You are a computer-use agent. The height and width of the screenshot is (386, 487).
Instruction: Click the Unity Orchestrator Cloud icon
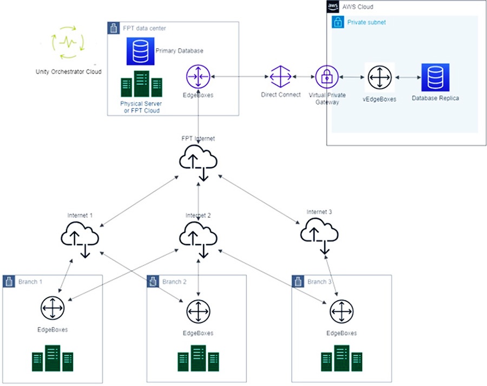tap(68, 42)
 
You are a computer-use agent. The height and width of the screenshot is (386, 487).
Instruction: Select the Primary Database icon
tap(140, 51)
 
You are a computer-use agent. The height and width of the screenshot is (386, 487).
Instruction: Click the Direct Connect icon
tap(280, 77)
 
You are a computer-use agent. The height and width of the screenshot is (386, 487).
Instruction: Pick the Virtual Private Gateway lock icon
tap(326, 77)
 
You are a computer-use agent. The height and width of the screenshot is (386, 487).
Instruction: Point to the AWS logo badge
tap(333, 6)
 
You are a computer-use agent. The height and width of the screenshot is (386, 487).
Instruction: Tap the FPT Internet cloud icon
tap(198, 161)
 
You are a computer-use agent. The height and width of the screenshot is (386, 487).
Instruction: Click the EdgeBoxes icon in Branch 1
tap(52, 309)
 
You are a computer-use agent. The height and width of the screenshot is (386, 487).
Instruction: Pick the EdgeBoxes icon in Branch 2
tap(198, 312)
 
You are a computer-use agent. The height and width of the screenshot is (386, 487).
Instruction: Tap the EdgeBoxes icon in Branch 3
tap(341, 312)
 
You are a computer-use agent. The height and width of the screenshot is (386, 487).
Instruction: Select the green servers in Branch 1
tap(52, 358)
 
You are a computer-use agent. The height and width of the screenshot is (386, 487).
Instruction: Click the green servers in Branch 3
tap(341, 358)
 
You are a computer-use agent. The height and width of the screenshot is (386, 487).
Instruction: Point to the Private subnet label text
tap(366, 23)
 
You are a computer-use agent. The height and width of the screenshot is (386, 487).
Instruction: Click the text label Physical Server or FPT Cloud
tap(141, 107)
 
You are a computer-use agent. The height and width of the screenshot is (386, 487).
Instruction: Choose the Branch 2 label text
tap(174, 282)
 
